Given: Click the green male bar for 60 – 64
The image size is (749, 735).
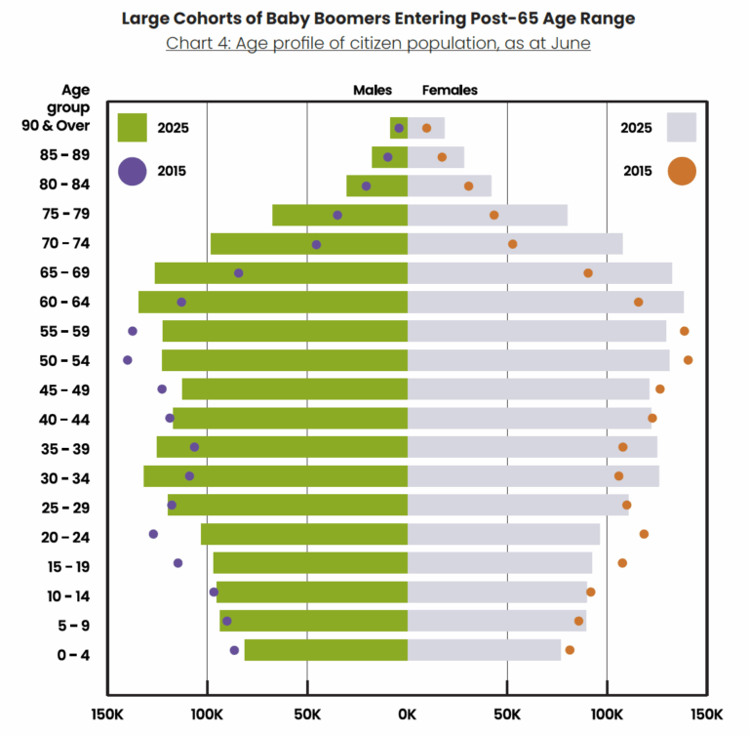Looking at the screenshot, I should click(273, 302).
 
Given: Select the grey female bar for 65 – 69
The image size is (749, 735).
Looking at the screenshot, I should click(539, 273).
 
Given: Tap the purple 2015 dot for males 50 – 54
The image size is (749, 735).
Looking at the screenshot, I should click(128, 360).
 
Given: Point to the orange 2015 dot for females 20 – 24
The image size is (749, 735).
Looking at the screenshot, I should click(644, 534).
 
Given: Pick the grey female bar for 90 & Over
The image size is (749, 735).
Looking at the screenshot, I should click(426, 128).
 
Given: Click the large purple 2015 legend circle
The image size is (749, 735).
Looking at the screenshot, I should click(132, 171).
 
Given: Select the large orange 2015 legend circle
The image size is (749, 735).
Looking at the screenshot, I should click(682, 171).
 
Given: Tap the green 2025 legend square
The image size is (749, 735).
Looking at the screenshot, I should click(132, 128).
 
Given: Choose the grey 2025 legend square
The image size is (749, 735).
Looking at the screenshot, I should click(682, 128).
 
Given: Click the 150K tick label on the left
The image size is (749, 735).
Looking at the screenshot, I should click(106, 714).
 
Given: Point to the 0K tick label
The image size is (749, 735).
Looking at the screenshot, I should click(408, 714).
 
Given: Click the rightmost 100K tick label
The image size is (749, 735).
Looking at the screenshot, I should click(607, 714).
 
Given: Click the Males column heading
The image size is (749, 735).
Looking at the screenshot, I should click(373, 90).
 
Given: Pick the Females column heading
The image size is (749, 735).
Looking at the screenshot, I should click(450, 90).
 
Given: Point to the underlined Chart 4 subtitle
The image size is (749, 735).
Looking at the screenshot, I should click(377, 43).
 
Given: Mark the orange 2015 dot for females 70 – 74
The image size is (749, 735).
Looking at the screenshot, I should click(513, 244).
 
